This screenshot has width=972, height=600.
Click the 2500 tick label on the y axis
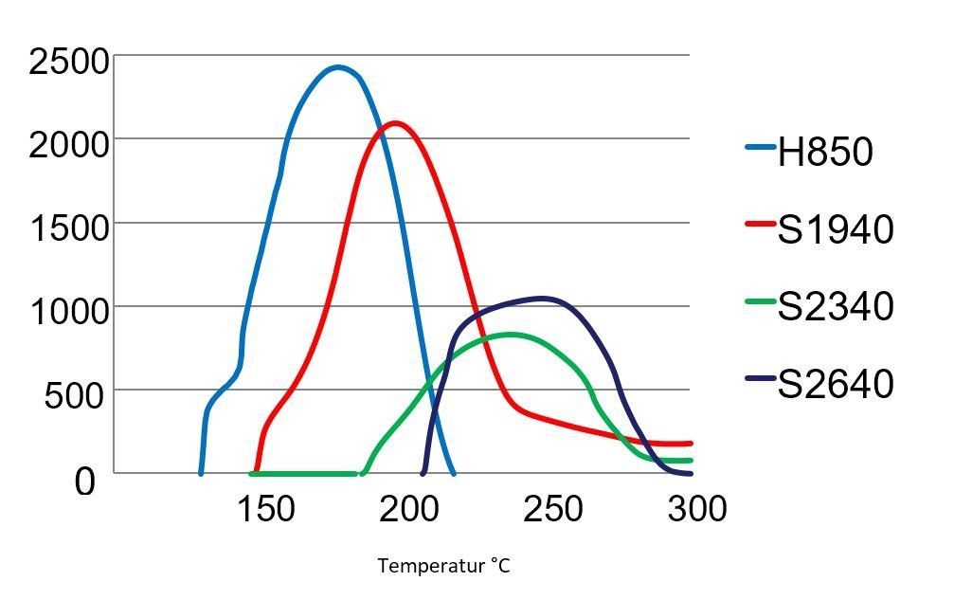[x=69, y=63]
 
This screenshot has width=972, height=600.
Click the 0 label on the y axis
[x=85, y=482]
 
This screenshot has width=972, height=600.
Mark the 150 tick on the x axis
[x=265, y=509]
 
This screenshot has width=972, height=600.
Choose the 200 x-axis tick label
[x=409, y=509]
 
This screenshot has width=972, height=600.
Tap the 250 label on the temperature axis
[x=552, y=509]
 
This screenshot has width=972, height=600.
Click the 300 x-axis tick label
[x=696, y=509]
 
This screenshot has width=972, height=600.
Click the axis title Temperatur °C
[x=444, y=566]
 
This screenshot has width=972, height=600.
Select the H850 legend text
[x=825, y=152]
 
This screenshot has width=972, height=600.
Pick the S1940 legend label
[x=836, y=229]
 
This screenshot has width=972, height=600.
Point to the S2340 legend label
[x=836, y=306]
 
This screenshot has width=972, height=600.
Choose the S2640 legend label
[x=836, y=384]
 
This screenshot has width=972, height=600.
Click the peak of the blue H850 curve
[x=338, y=67]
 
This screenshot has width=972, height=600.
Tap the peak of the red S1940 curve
[x=393, y=122]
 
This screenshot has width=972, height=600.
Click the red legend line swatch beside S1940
[x=761, y=225]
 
